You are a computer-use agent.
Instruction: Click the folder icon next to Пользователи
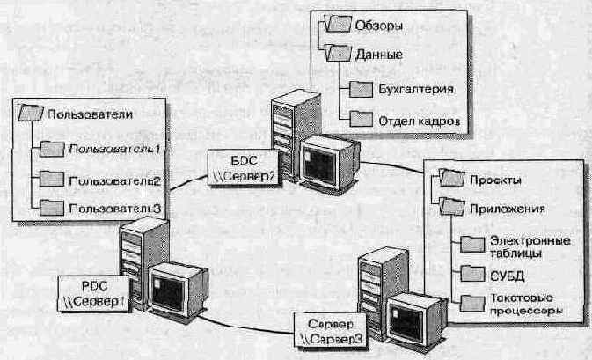31,113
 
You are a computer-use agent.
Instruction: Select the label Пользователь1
114,150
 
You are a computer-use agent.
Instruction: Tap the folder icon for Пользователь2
52,179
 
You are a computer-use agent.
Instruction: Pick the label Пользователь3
115,208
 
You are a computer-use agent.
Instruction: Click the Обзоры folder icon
339,24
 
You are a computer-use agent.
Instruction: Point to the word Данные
379,55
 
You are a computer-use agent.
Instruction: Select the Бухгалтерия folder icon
362,89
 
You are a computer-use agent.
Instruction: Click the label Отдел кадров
419,121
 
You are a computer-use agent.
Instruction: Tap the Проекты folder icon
452,178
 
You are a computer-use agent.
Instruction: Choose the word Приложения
508,209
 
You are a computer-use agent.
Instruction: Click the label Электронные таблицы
530,246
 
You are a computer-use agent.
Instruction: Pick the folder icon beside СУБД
472,274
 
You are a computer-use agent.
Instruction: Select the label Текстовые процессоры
526,304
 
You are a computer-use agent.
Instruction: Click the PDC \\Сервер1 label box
93,294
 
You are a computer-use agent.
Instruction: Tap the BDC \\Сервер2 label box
244,167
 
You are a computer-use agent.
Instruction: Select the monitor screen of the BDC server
320,165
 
